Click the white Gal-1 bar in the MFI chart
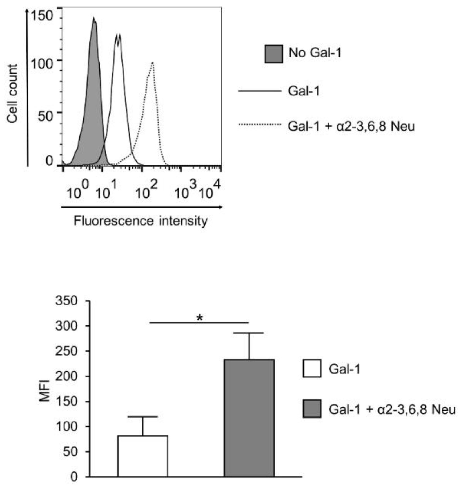coord(143,456)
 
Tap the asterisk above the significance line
coord(200,318)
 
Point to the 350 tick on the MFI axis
coord(66,301)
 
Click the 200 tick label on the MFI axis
coord(66,376)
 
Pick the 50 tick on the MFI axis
coord(70,451)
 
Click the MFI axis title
coord(44,391)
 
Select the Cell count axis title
coord(12,93)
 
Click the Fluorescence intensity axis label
coord(141,221)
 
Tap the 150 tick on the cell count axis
coord(42,16)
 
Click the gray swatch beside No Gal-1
coord(274,54)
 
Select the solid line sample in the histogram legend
coord(259,91)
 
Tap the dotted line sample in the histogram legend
coord(259,125)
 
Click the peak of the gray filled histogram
coord(94,19)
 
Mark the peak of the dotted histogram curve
coord(152,62)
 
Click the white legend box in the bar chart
coord(312,368)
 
